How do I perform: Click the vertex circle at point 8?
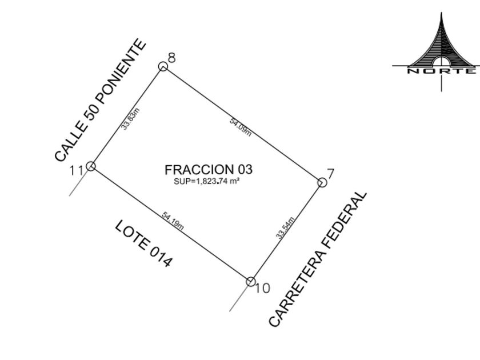point(163,66)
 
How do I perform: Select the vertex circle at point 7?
point(322,182)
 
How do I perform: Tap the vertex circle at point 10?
point(251,282)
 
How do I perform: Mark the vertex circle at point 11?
point(91,166)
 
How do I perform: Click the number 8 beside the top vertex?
point(172,58)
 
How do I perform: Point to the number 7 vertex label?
point(331,174)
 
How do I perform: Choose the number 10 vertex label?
point(262,288)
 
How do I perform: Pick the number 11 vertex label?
point(77,170)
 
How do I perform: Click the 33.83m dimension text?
point(130,119)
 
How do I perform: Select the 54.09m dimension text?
point(241,127)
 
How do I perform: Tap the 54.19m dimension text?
point(173,221)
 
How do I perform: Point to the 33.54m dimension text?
point(285,228)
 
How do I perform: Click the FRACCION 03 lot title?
point(209,170)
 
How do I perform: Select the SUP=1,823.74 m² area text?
point(207,181)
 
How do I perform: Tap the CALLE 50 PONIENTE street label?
point(101,100)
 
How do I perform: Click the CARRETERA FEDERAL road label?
point(318,259)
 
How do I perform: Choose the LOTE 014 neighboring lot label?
point(143,243)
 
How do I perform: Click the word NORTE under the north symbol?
point(441,71)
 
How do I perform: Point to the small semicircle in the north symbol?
point(441,61)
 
